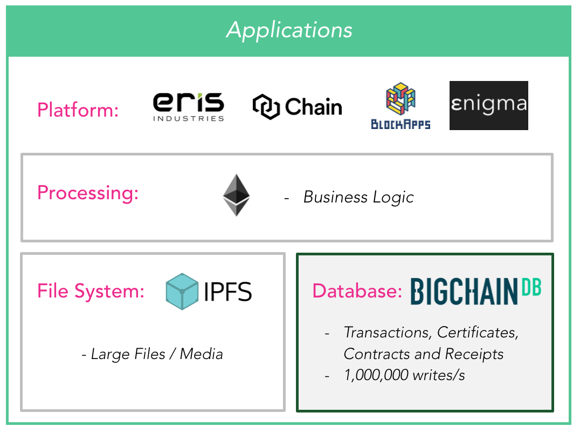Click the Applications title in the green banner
click(289, 30)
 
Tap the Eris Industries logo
click(188, 106)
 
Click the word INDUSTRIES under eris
click(188, 118)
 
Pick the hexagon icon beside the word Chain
click(266, 106)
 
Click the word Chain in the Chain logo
click(313, 107)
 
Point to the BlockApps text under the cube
click(401, 125)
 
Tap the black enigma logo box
click(488, 105)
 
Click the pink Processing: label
click(88, 193)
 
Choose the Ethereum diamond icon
click(236, 195)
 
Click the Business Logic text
click(358, 197)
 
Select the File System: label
click(91, 291)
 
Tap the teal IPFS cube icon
click(182, 292)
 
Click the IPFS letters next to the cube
click(228, 292)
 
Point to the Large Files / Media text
click(152, 354)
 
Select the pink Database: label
click(357, 291)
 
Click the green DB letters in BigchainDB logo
click(530, 287)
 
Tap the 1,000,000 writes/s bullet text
click(404, 375)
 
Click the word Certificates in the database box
click(477, 333)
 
